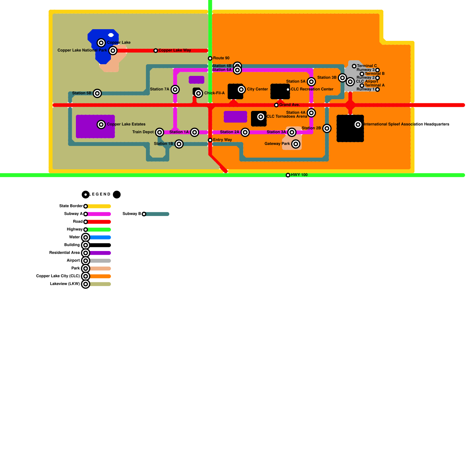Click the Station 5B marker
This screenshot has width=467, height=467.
point(97,93)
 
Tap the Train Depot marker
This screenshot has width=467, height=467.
point(159,132)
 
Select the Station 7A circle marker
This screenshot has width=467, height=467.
point(175,89)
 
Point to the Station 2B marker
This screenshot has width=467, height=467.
point(327,128)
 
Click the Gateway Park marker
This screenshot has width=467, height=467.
point(296,144)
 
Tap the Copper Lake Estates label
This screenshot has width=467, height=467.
point(126,124)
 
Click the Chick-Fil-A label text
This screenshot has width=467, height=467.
point(214,93)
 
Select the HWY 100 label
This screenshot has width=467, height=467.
point(299,175)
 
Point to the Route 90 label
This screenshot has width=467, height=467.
point(221,58)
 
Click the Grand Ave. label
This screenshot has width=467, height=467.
point(289,105)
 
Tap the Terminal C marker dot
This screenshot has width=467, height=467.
point(354,66)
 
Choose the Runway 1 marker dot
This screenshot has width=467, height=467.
point(377,90)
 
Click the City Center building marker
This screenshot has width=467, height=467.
point(241,89)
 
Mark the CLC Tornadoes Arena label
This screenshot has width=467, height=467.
point(287,116)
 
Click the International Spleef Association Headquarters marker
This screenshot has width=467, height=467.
point(358,125)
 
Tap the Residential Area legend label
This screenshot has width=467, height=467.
point(64,253)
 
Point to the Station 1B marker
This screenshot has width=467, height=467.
point(179,144)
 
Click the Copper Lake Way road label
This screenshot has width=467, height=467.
point(175,50)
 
